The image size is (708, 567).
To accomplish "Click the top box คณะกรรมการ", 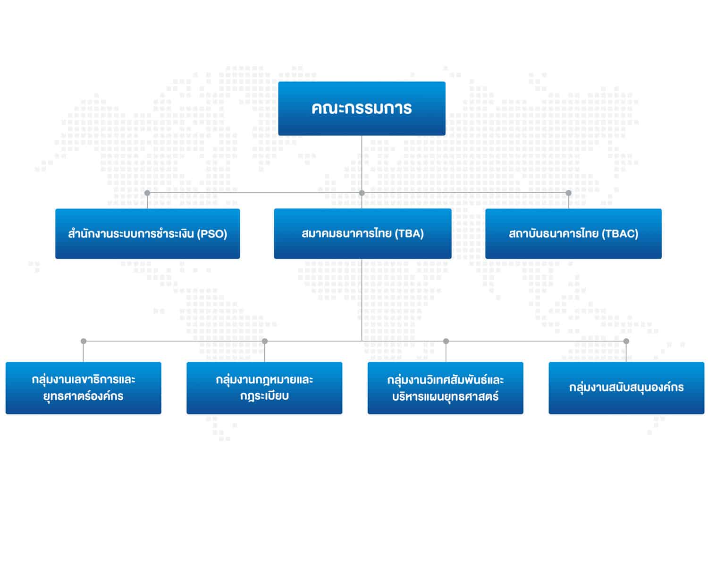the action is pyautogui.click(x=362, y=108).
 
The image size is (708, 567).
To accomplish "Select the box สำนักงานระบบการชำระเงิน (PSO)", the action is pyautogui.click(x=147, y=233).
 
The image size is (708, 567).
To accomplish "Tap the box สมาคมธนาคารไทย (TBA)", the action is pyautogui.click(x=362, y=233).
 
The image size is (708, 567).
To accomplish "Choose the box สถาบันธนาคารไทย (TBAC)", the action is pyautogui.click(x=573, y=233).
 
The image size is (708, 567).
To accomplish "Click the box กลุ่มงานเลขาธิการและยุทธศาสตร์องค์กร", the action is pyautogui.click(x=83, y=388).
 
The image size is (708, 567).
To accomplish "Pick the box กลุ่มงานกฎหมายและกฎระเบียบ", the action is pyautogui.click(x=264, y=388).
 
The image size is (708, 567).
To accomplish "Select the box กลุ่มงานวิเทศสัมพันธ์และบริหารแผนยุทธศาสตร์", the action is pyautogui.click(x=445, y=388).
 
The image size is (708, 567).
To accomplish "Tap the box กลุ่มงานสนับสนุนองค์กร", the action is pyautogui.click(x=626, y=388).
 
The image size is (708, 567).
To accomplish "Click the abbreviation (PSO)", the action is pyautogui.click(x=212, y=234).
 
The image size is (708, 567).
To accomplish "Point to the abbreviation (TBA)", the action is pyautogui.click(x=409, y=233).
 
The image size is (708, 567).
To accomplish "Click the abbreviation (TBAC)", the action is pyautogui.click(x=620, y=233).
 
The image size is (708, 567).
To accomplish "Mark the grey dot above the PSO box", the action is pyautogui.click(x=147, y=193).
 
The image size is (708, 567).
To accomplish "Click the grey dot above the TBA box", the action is pyautogui.click(x=362, y=193).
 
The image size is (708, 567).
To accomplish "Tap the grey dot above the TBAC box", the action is pyautogui.click(x=568, y=193).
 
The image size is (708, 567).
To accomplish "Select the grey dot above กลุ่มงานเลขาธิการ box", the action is pyautogui.click(x=83, y=341).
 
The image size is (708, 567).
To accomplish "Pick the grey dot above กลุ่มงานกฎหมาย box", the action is pyautogui.click(x=264, y=341).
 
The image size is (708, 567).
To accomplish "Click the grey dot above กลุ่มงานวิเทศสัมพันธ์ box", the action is pyautogui.click(x=446, y=341).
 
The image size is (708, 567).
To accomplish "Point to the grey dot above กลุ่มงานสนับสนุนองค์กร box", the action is pyautogui.click(x=626, y=341).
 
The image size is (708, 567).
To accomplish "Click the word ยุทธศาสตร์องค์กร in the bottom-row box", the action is pyautogui.click(x=83, y=396).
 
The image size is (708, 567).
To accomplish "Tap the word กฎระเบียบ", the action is pyautogui.click(x=264, y=396).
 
